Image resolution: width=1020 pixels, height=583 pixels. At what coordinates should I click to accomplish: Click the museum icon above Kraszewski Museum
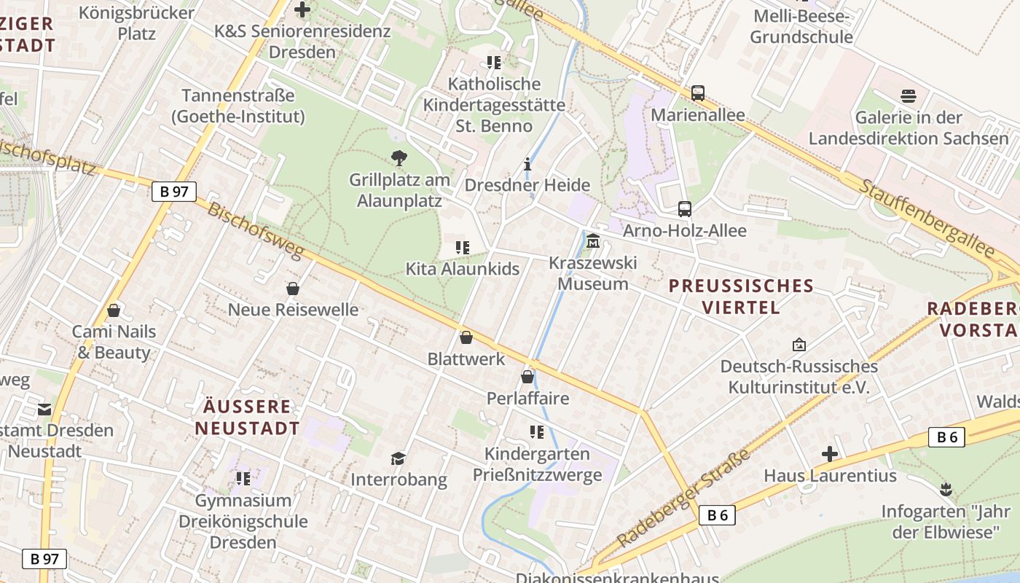click(x=593, y=240)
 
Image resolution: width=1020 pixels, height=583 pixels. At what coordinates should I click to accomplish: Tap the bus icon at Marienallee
click(x=698, y=93)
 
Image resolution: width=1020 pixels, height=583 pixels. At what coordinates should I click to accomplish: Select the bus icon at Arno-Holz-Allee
click(x=685, y=209)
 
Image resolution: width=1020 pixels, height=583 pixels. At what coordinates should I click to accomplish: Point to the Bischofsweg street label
click(x=255, y=231)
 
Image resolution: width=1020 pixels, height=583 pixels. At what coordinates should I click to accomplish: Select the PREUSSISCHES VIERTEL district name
click(x=741, y=296)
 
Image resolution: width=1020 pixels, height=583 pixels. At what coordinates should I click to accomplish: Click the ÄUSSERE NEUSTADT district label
click(x=247, y=417)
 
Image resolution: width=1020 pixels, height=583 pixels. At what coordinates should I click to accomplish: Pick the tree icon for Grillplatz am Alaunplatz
click(x=399, y=157)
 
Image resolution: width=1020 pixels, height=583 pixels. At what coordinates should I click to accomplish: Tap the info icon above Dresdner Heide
click(x=527, y=164)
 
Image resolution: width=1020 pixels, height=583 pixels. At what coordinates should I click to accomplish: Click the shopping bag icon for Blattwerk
click(x=466, y=337)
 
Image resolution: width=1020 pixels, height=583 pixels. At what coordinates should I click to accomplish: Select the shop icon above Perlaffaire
click(x=527, y=377)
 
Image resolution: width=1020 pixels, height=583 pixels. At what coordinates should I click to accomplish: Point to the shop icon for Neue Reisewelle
click(x=293, y=289)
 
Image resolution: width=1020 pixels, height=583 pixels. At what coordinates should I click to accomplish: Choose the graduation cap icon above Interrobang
click(x=398, y=458)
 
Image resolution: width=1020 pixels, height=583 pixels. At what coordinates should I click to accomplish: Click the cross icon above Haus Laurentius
click(x=830, y=455)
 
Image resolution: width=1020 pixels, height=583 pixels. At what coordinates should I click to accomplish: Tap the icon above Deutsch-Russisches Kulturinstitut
click(x=799, y=345)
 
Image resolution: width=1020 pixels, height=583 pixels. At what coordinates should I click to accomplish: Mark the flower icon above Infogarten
click(x=946, y=489)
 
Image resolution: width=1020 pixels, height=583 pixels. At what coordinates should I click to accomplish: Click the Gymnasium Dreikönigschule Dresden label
click(x=243, y=521)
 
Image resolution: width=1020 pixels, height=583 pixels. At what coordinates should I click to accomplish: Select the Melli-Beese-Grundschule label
click(x=801, y=26)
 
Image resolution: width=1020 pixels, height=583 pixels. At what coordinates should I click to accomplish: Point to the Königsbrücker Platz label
click(x=136, y=23)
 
